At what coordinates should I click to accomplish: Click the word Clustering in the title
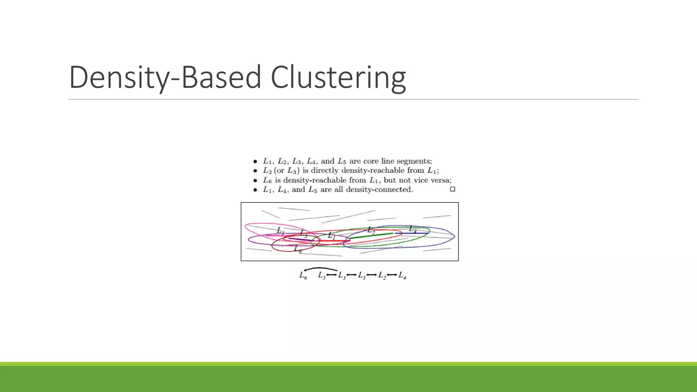(338, 78)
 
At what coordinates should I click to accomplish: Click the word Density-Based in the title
(165, 78)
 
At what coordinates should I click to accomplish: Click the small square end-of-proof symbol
(452, 189)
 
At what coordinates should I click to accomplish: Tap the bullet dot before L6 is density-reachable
(255, 180)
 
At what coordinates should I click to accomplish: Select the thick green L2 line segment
(371, 236)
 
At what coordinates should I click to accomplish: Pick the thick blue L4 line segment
(412, 233)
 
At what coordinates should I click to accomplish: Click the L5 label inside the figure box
(280, 231)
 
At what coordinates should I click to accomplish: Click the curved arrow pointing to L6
(320, 268)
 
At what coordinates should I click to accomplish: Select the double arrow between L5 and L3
(331, 275)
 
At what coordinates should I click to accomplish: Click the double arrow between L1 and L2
(371, 275)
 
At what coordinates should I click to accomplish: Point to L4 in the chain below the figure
(402, 275)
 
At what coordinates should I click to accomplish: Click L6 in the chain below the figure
(303, 275)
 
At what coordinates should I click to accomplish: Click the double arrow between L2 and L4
(392, 275)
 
